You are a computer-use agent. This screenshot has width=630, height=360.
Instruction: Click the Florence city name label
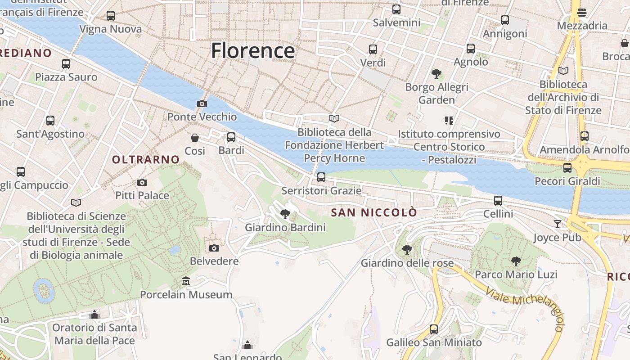253,50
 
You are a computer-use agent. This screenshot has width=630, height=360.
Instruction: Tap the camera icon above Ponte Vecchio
202,104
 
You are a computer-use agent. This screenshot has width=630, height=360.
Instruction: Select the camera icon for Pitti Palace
142,182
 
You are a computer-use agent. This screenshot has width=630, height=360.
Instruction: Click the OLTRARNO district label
146,159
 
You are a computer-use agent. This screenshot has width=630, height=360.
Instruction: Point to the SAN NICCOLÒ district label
374,213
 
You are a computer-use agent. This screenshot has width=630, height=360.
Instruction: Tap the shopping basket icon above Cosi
195,137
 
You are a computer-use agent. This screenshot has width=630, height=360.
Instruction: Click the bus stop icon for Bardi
231,137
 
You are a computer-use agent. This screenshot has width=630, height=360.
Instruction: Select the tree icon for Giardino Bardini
285,214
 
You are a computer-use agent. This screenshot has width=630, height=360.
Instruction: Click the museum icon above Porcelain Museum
186,281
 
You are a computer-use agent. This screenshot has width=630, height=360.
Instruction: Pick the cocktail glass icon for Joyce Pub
558,224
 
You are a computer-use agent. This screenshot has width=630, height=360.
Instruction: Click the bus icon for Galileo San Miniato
434,329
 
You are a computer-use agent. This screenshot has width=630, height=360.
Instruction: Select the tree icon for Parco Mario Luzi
516,261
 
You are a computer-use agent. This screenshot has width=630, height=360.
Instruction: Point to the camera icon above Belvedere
214,248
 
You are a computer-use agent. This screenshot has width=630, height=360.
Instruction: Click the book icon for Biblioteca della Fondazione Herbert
334,118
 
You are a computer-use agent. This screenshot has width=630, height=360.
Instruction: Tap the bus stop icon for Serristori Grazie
321,177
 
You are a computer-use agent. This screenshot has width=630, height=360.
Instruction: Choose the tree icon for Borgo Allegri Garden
436,73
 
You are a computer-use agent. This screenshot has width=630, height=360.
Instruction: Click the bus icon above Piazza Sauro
66,64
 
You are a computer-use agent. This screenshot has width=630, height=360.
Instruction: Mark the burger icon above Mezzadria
582,12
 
